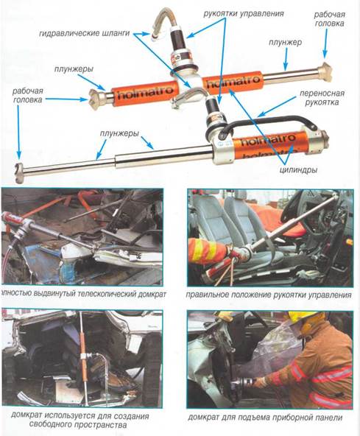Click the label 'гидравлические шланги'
(85, 33)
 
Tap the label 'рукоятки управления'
(244, 13)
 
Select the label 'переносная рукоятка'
(322, 98)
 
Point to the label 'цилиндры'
(298, 169)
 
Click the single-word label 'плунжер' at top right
(285, 43)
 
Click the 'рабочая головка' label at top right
(330, 19)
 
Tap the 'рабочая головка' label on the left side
(27, 96)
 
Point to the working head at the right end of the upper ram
(325, 71)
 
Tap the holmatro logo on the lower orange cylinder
(268, 140)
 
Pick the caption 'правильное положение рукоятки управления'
(269, 295)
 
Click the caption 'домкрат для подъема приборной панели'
(265, 418)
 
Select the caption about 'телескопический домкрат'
(83, 295)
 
